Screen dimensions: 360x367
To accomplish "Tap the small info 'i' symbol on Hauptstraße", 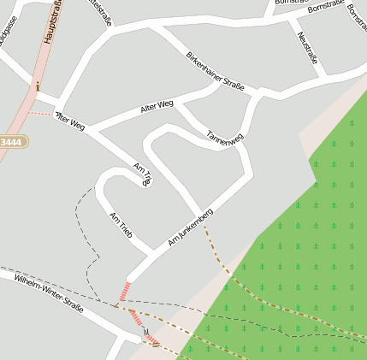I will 38,85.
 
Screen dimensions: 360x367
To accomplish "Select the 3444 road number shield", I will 14,141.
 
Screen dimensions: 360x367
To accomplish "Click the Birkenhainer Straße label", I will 215,71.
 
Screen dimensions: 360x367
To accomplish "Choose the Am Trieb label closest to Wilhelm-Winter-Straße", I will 121,225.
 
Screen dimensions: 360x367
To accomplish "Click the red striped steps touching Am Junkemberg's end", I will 125,291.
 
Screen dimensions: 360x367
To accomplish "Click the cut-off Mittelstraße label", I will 99,12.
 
